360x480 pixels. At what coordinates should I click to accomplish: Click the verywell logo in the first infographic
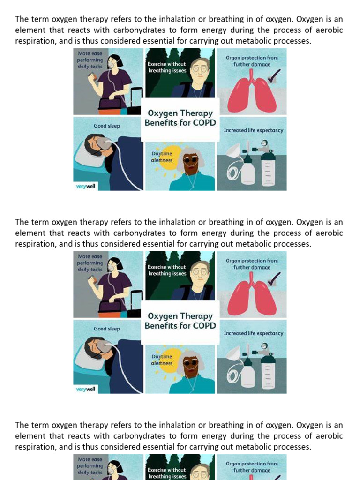pos(85,186)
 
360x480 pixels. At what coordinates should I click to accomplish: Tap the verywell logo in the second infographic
pos(85,389)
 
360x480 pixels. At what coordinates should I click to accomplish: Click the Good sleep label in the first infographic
pos(107,126)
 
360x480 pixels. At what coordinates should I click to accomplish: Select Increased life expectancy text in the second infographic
pos(254,333)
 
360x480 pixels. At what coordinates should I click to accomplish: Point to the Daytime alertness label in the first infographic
pos(162,157)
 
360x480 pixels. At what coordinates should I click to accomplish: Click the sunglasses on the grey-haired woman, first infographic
pos(190,159)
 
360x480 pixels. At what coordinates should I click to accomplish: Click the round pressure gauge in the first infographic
pos(264,142)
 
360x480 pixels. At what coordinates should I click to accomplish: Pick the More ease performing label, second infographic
pos(90,263)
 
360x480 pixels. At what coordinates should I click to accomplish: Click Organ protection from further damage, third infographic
pos(252,467)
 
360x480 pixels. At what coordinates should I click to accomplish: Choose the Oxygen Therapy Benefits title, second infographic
pos(180,321)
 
